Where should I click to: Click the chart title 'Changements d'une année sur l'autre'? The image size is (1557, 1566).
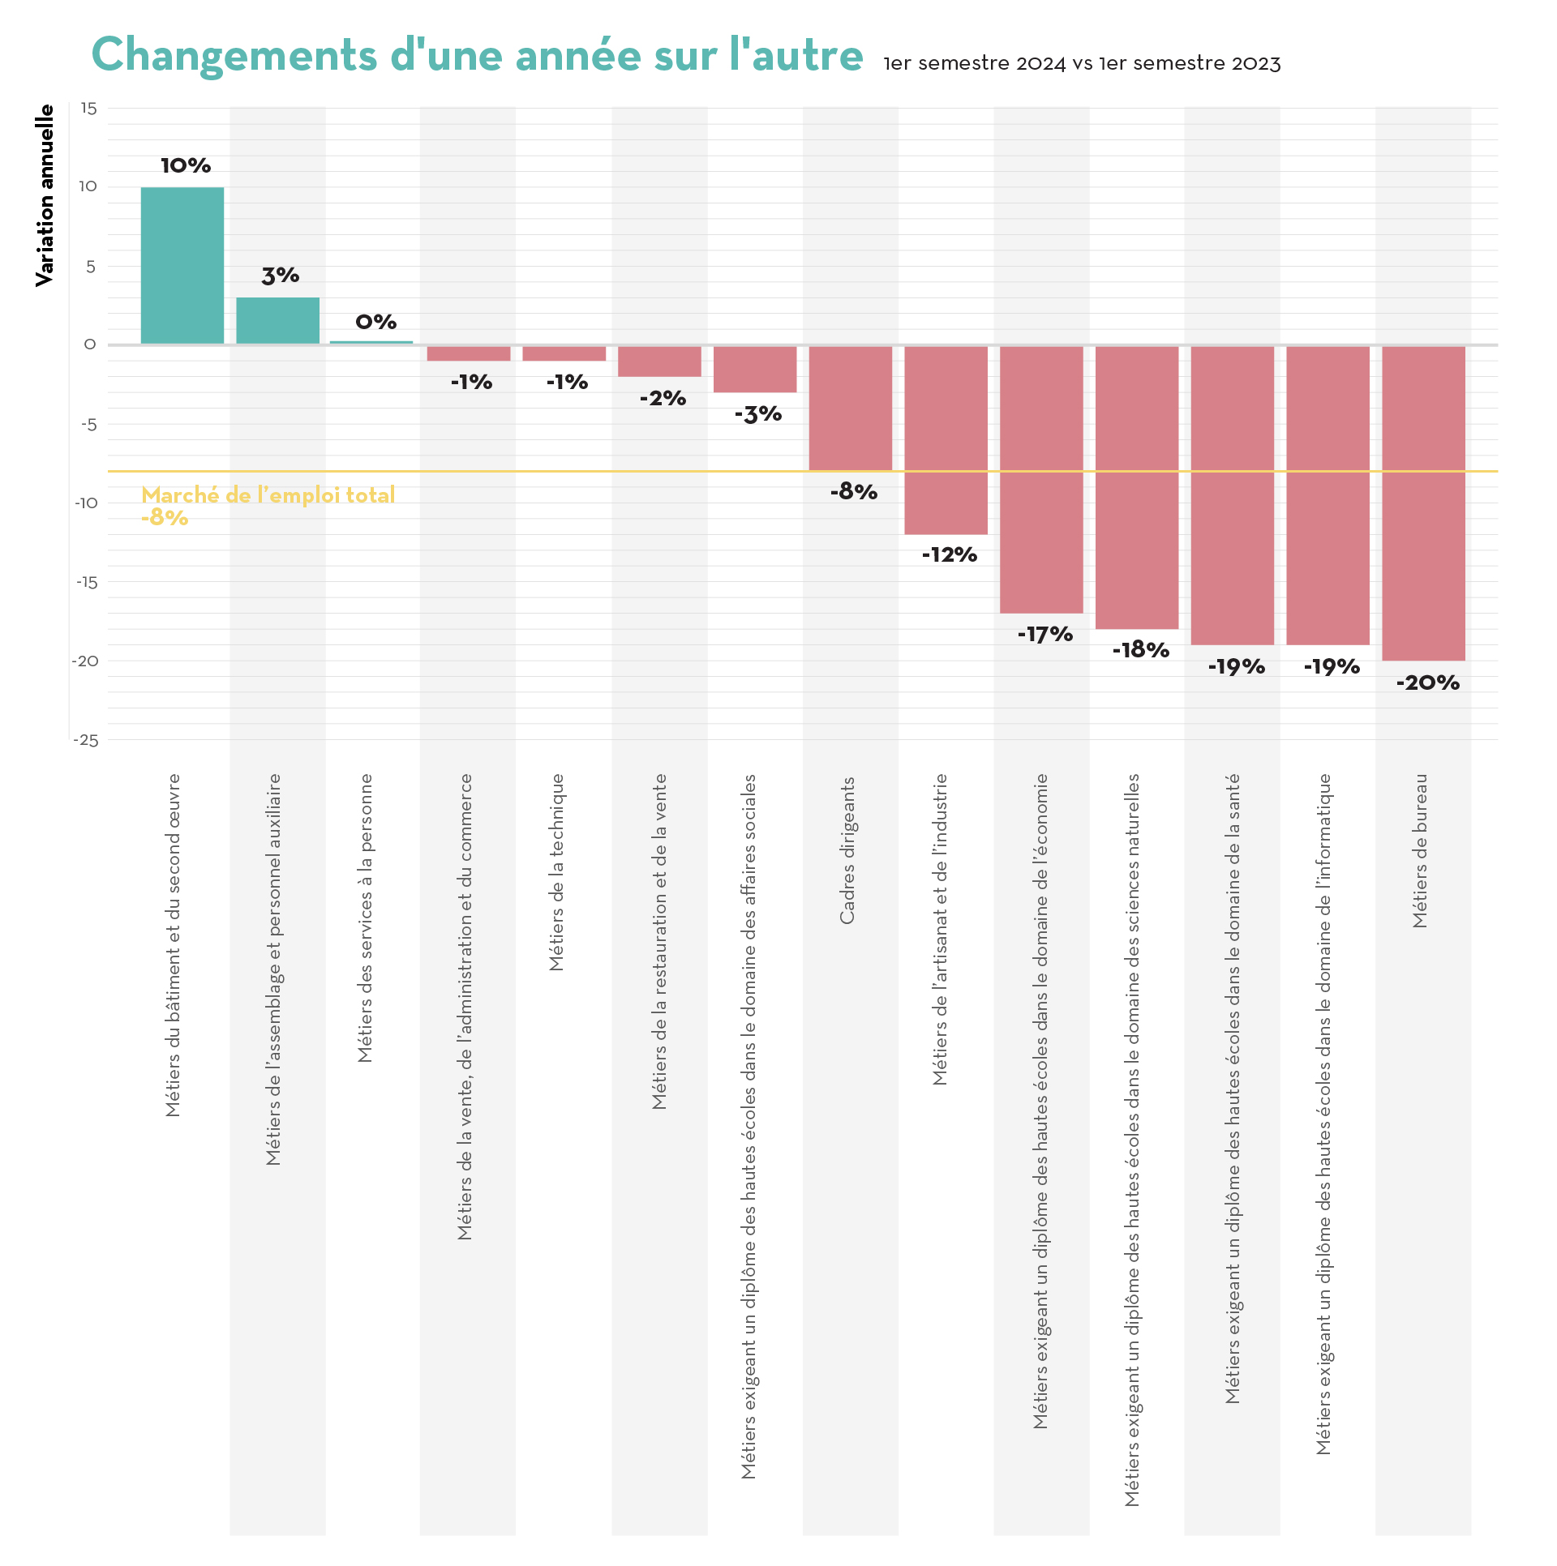477,55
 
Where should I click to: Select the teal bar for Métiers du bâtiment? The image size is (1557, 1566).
182,266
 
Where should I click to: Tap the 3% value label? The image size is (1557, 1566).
281,276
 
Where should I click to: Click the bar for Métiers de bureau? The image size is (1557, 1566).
1423,503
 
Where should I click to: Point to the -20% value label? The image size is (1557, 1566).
1427,683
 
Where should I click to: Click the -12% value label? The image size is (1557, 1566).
950,555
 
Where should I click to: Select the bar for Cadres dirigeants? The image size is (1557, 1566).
850,408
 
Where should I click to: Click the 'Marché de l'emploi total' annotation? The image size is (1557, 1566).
268,495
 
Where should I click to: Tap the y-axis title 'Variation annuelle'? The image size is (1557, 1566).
45,195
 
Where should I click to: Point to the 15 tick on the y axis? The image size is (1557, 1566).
89,109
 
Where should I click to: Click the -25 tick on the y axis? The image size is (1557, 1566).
86,740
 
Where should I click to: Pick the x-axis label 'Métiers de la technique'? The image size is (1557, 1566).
556,872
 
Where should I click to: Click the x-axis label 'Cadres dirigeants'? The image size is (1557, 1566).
847,850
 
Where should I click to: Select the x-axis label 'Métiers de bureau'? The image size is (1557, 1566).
1420,850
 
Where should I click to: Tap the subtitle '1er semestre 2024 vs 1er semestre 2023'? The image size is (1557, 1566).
1082,63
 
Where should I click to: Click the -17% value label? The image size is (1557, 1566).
1045,635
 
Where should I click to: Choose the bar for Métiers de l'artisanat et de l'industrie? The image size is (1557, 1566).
946,439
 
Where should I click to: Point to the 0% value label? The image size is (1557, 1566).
376,323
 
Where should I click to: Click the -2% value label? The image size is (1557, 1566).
663,399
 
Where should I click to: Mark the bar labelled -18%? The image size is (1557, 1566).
1136,486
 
